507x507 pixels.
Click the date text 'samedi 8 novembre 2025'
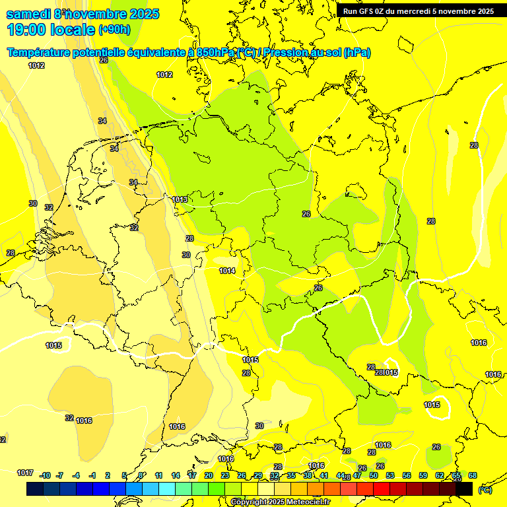point(83,14)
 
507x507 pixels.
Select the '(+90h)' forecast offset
point(114,30)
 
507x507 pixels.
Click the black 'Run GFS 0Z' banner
point(419,11)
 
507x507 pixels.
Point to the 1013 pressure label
point(180,199)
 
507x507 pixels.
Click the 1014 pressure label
point(227,271)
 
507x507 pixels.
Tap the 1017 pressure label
point(25,473)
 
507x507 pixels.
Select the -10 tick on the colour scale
point(45,475)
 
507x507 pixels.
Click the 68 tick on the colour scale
point(473,475)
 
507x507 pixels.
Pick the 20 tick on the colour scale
point(209,475)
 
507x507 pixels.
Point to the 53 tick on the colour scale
point(390,475)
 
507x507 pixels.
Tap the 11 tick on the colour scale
point(159,475)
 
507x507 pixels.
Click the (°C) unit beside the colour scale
point(485,489)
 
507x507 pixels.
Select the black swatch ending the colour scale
point(465,489)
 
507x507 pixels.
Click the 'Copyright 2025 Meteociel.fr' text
point(281,502)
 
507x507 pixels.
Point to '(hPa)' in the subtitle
point(356,53)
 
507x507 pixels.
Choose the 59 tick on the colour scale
point(423,475)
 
